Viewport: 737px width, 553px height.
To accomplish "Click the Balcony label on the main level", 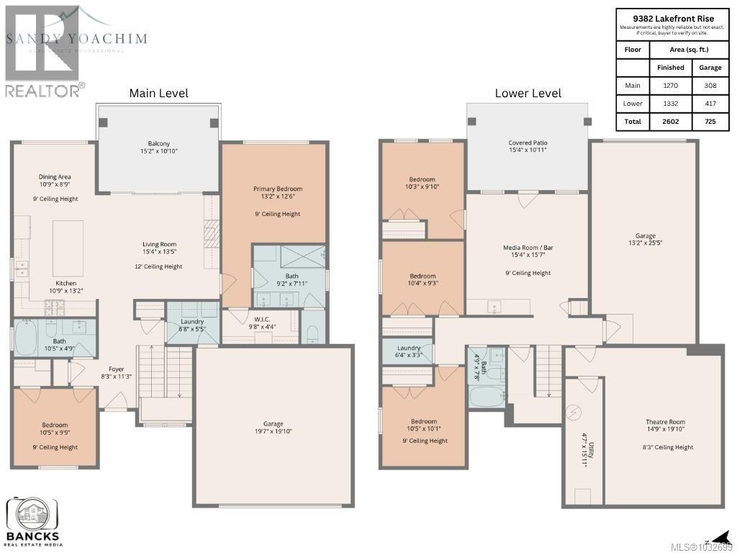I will click(x=159, y=143).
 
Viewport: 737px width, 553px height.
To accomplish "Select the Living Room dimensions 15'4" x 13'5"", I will click(x=159, y=252).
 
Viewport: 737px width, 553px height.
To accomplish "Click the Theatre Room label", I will click(x=665, y=422).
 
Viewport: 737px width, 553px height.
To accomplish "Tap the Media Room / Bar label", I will click(x=527, y=248).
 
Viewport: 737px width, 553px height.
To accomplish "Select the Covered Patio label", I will click(x=528, y=143).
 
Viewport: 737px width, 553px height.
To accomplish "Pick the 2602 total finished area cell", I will click(x=670, y=122).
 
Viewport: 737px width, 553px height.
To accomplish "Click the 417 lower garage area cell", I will click(x=710, y=103).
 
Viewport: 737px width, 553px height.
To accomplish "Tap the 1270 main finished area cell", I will click(x=670, y=85).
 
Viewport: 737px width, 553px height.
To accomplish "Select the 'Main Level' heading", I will click(x=158, y=93).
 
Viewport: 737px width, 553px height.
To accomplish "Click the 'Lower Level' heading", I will click(x=528, y=93).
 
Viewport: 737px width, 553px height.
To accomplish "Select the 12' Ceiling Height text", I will click(x=159, y=266).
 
